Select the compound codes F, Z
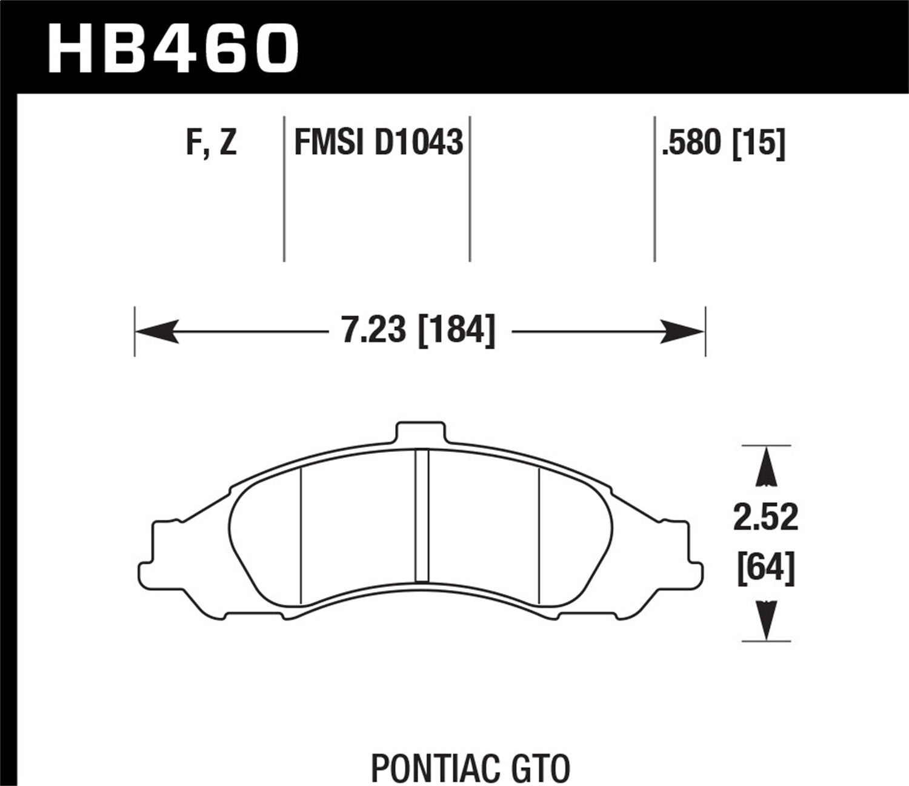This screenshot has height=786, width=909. click(x=211, y=144)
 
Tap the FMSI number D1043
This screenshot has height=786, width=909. click(x=419, y=144)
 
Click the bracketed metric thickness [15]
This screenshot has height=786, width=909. click(x=759, y=144)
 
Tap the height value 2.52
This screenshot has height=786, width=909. click(x=765, y=519)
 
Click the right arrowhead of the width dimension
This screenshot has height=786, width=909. click(x=684, y=332)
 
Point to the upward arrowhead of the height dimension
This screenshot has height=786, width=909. click(x=767, y=467)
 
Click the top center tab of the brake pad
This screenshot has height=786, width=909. click(x=421, y=435)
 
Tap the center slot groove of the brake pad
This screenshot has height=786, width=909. click(x=422, y=516)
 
